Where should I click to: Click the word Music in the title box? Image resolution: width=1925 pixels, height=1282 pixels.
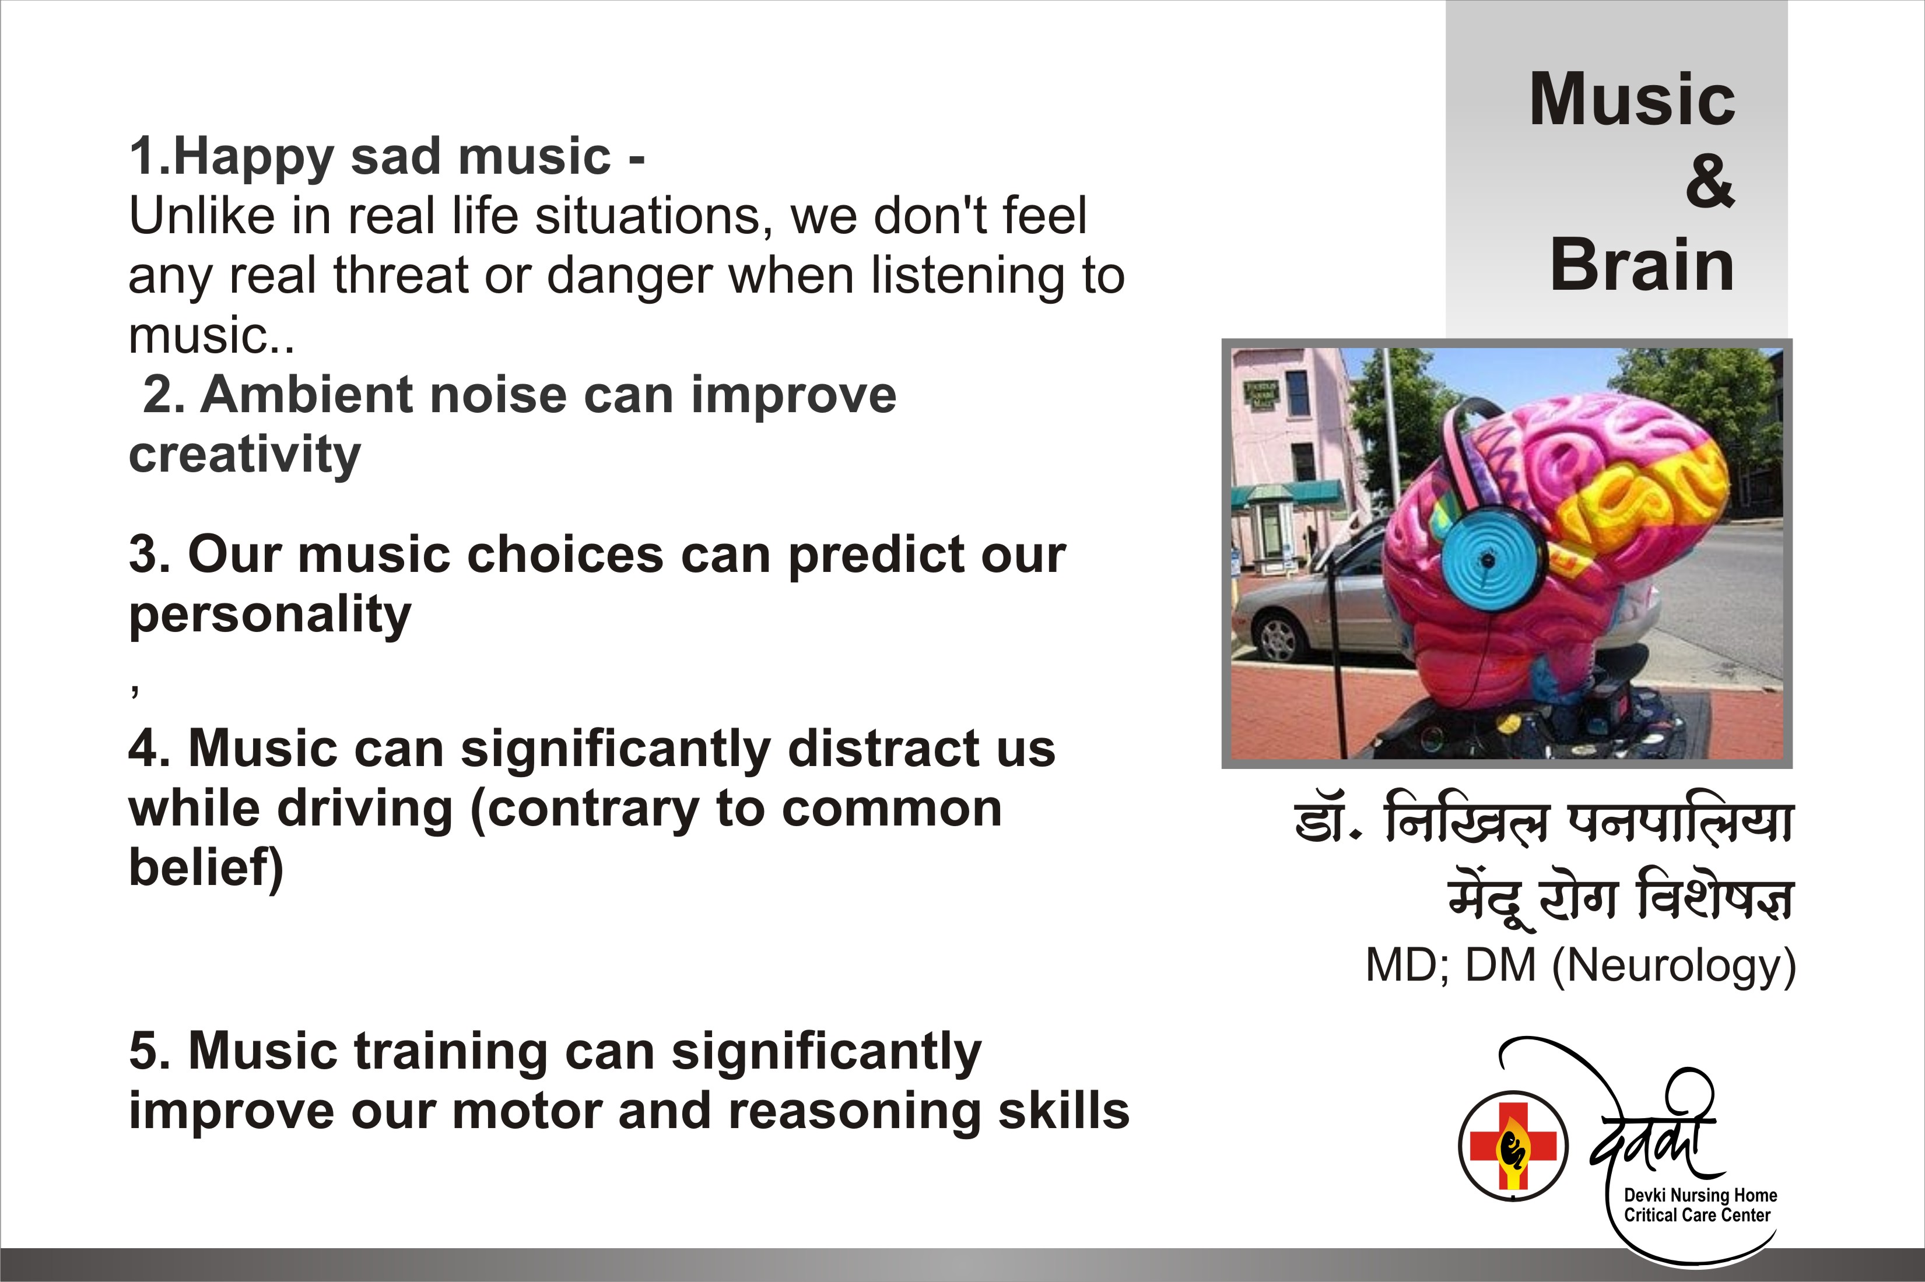[1632, 99]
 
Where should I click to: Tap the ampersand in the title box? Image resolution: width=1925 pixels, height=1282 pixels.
[1709, 181]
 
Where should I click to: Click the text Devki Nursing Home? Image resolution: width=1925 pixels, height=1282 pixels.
[1700, 1195]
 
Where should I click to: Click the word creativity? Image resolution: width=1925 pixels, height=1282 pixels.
[244, 455]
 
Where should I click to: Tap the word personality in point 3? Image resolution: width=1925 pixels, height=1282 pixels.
[270, 616]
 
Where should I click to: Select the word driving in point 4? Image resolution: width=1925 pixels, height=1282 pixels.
[364, 809]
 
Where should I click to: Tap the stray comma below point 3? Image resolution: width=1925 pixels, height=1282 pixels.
[135, 691]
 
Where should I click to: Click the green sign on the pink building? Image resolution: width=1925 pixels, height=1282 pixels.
[1261, 395]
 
